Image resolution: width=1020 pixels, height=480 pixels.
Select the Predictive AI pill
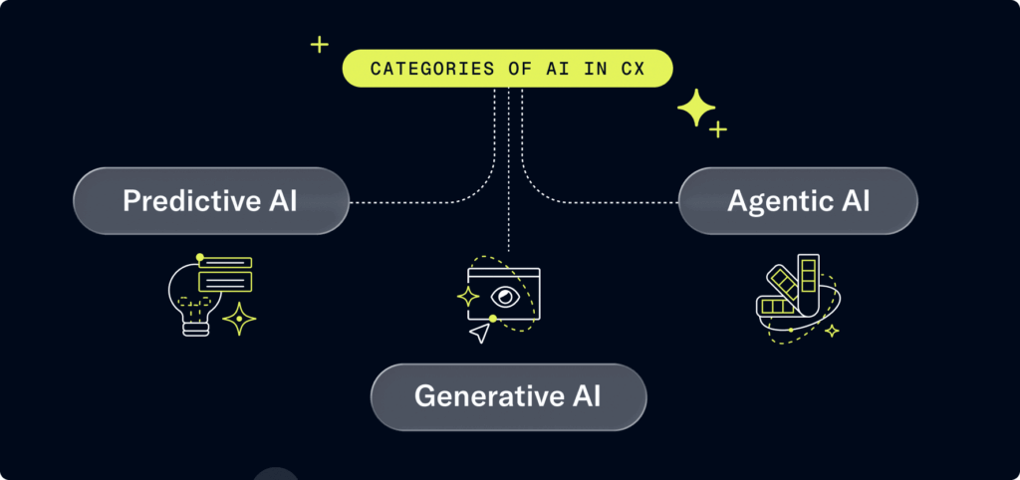coord(211,201)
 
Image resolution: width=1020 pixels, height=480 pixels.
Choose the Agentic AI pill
coord(798,201)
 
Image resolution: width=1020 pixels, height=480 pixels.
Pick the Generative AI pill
coord(508,396)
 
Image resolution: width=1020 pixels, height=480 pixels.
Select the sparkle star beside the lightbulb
coord(239,319)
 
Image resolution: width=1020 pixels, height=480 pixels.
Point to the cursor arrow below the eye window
coord(481,333)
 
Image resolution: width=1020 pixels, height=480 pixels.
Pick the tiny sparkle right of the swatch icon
coord(832,330)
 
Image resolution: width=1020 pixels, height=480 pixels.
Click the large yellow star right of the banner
coord(695,108)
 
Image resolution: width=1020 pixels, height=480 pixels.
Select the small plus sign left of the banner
coord(319,44)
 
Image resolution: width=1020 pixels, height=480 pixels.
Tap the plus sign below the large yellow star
coord(717,129)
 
